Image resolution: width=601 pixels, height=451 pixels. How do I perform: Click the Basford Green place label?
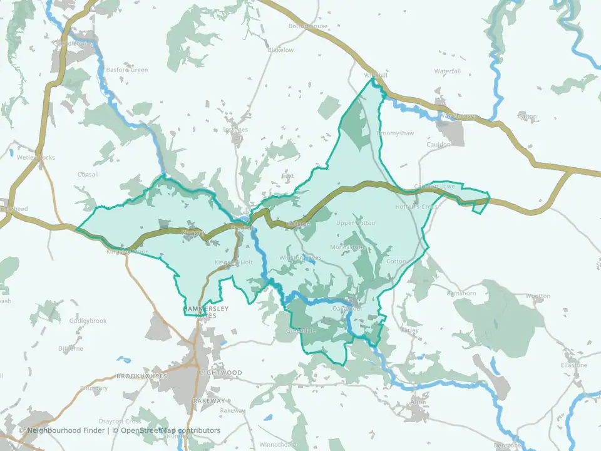click(x=126, y=70)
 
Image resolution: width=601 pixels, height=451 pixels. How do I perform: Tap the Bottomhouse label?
click(x=307, y=26)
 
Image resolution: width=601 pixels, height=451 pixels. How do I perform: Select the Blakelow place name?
click(x=280, y=50)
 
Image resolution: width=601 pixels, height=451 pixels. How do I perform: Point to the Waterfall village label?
click(x=447, y=71)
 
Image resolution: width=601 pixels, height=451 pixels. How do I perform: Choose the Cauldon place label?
click(x=439, y=145)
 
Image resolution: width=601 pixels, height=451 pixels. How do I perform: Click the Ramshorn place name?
click(x=461, y=293)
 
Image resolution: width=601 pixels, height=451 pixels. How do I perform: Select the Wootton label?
click(x=538, y=296)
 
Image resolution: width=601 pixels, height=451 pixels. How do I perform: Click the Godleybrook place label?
click(x=88, y=321)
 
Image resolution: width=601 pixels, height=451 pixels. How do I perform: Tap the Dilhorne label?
click(x=70, y=348)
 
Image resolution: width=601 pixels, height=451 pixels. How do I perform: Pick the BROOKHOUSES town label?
click(x=141, y=376)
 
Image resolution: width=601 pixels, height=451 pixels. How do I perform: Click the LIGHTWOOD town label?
click(x=220, y=373)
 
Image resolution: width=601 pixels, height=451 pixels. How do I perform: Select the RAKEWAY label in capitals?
click(x=208, y=400)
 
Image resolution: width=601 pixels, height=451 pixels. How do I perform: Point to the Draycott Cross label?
click(x=120, y=421)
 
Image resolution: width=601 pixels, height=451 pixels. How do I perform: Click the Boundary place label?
click(x=93, y=388)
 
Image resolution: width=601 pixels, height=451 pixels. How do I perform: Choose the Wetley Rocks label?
click(x=36, y=157)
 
